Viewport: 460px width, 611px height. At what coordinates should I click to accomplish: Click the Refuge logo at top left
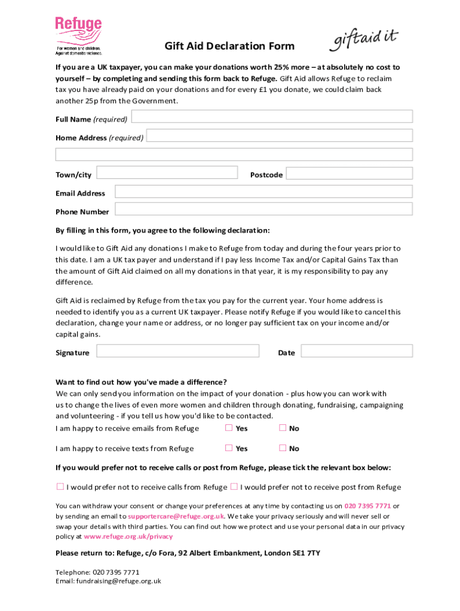(x=78, y=36)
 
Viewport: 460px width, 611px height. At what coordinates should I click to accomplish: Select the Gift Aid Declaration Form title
(x=229, y=47)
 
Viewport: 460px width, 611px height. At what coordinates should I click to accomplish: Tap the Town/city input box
(x=167, y=173)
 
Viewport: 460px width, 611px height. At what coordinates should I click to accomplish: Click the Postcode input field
(x=349, y=173)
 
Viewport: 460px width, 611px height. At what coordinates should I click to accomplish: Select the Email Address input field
(x=263, y=192)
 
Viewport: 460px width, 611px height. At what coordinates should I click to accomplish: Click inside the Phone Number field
(x=263, y=209)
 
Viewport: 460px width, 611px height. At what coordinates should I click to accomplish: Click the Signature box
(x=177, y=351)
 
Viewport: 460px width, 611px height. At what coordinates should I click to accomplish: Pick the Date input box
(x=357, y=351)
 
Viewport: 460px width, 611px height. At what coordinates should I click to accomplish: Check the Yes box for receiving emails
(x=229, y=428)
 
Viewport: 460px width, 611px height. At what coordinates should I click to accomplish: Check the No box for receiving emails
(x=283, y=428)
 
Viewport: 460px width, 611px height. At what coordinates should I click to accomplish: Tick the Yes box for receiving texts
(x=229, y=448)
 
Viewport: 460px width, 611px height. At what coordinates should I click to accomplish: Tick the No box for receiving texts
(x=283, y=448)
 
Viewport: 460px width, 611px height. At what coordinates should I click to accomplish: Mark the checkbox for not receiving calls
(x=60, y=486)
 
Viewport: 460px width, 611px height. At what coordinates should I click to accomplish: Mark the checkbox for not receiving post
(x=234, y=486)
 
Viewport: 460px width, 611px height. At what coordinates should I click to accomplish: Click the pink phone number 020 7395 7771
(x=367, y=506)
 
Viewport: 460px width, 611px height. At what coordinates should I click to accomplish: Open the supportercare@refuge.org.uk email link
(x=176, y=517)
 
